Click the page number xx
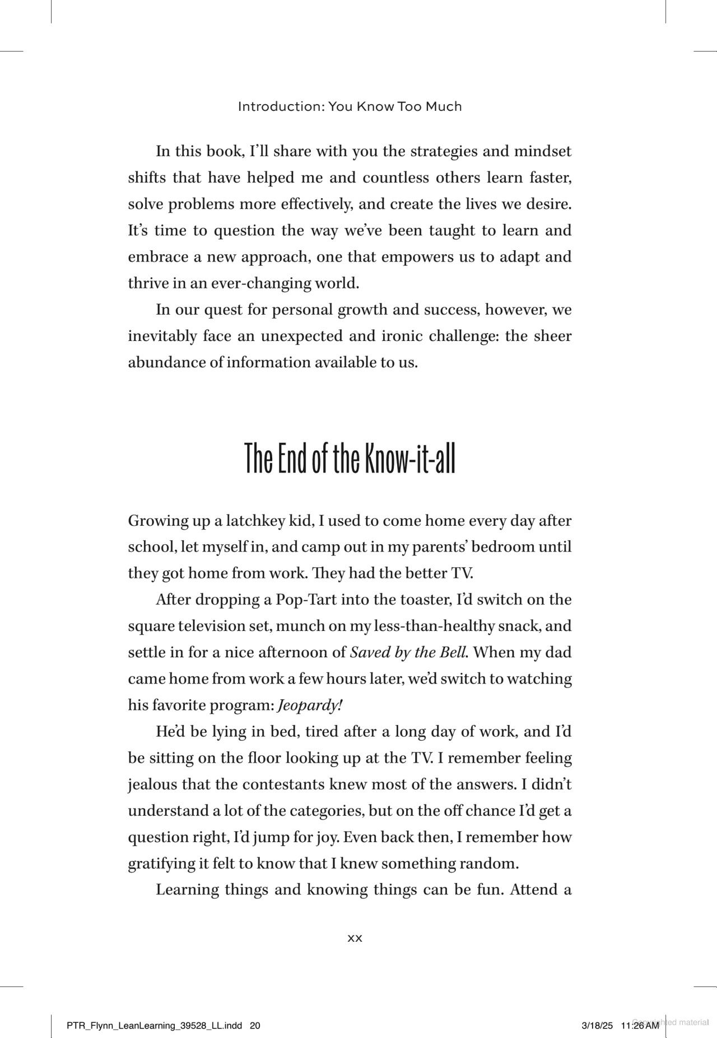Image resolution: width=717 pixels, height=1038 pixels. tap(355, 938)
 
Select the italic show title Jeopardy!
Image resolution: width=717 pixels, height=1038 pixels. tap(310, 705)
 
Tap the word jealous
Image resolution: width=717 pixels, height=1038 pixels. tap(152, 784)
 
